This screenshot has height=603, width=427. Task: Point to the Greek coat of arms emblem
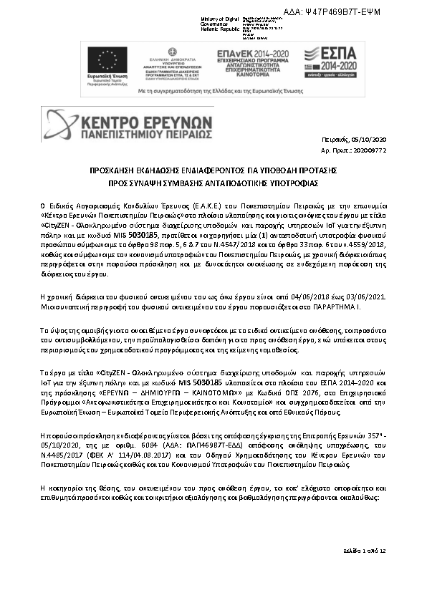tap(172, 52)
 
